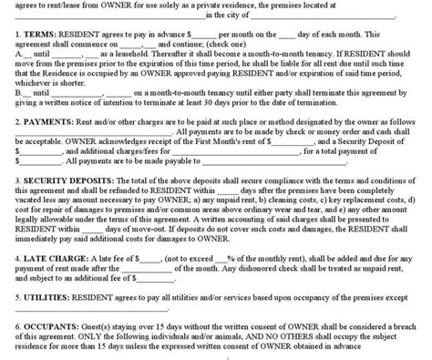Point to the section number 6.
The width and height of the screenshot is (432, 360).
(x=6, y=323)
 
